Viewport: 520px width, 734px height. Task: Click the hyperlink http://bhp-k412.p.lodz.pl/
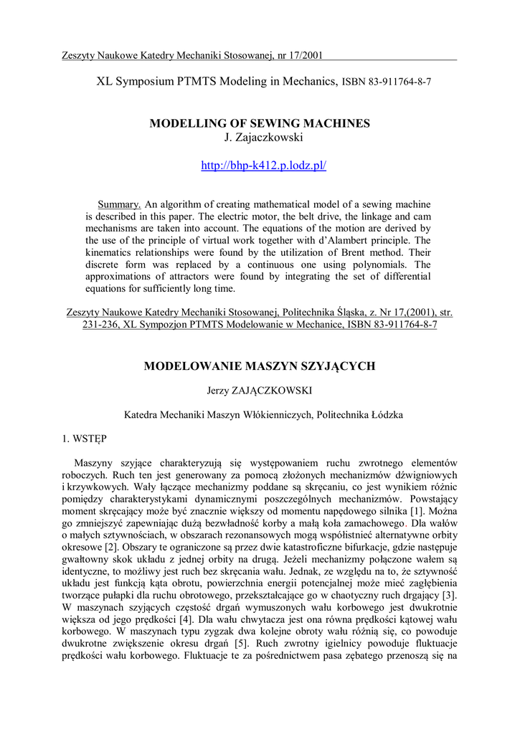pos(264,166)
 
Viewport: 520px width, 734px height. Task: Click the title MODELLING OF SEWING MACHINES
pos(260,123)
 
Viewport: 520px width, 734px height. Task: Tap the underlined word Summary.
pos(119,204)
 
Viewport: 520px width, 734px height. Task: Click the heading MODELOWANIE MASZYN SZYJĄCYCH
pos(260,366)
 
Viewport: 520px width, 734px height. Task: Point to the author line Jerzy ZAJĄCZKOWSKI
pos(260,391)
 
